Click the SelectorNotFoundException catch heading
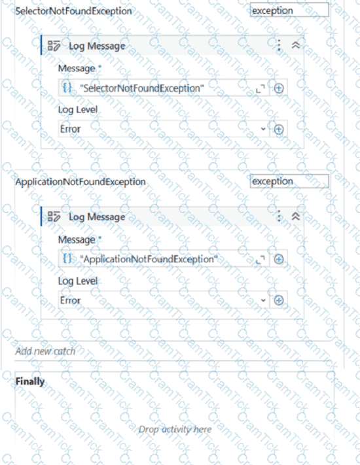(x=73, y=11)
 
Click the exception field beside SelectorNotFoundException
(x=289, y=10)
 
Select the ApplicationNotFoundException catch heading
(x=81, y=182)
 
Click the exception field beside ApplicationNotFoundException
(x=289, y=181)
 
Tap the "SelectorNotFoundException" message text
(x=142, y=88)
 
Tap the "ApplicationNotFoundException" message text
(x=149, y=259)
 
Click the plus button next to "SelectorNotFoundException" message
(x=278, y=88)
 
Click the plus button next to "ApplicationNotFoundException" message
(x=278, y=259)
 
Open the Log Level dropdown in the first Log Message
(x=164, y=129)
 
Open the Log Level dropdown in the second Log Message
(x=164, y=300)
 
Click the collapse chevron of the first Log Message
(x=296, y=45)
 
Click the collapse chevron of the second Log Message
(x=296, y=216)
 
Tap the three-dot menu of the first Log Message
(x=279, y=45)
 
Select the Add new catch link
(x=45, y=351)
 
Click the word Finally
(x=30, y=381)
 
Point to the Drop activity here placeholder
(x=175, y=429)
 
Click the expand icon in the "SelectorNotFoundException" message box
(x=261, y=88)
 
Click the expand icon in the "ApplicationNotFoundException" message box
(x=261, y=260)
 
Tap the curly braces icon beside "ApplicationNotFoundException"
(x=67, y=258)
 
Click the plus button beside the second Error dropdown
(x=278, y=300)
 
